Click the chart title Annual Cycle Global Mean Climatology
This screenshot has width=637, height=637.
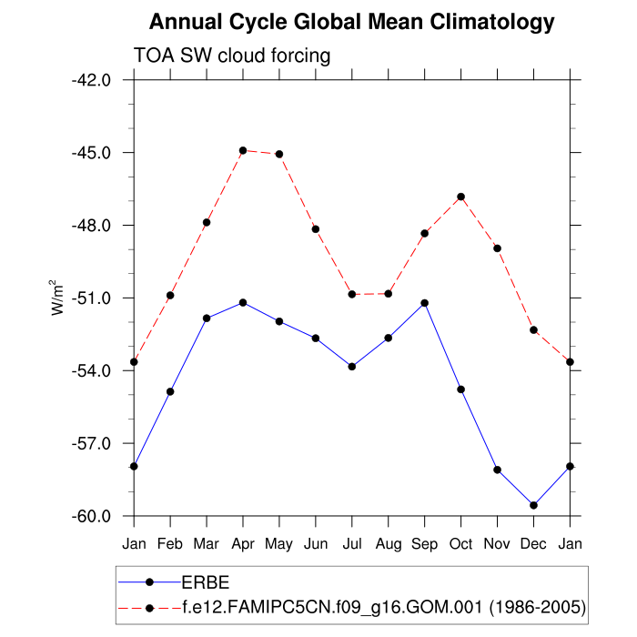(x=351, y=22)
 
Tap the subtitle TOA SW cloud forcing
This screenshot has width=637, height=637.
(x=232, y=56)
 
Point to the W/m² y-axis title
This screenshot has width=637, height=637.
(x=57, y=297)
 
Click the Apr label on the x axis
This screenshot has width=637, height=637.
(x=243, y=544)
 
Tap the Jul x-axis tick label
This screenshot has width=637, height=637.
(x=352, y=544)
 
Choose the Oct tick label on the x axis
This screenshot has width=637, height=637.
(x=461, y=544)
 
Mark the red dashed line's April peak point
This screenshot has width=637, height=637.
(x=243, y=150)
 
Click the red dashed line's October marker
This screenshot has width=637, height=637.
(x=461, y=197)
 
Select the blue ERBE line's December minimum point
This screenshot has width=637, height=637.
(x=534, y=505)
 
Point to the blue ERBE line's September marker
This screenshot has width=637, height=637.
(x=425, y=302)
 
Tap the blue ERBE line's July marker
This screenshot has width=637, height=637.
(x=352, y=366)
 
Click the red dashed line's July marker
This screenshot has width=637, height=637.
(x=352, y=294)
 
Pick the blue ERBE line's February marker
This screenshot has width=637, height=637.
(x=170, y=391)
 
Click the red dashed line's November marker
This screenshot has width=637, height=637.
(x=498, y=248)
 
